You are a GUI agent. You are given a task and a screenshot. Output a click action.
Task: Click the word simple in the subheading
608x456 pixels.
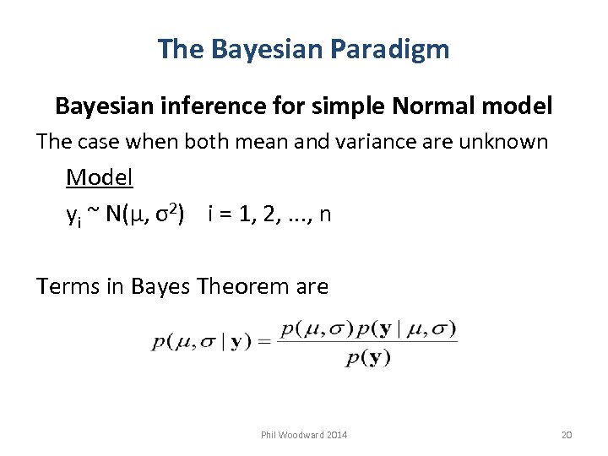343,106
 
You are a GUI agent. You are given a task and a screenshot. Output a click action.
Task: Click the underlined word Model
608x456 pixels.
100,178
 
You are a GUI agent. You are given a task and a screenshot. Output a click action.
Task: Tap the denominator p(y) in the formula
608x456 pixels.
368,358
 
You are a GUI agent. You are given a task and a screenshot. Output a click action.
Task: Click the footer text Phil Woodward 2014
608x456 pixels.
303,435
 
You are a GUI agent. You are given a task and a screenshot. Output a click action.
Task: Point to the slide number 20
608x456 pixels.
567,435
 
